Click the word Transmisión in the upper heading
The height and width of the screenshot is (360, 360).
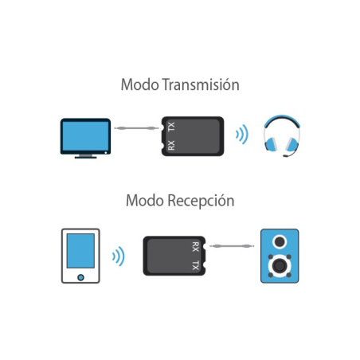tap(201, 84)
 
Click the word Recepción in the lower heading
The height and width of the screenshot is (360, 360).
tap(201, 201)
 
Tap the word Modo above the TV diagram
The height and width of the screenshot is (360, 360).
tap(139, 84)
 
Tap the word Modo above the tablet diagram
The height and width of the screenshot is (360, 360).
tap(145, 201)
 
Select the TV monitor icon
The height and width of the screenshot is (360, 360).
tap(85, 138)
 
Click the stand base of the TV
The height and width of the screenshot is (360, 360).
tap(85, 157)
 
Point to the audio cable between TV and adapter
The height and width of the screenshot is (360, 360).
tap(136, 128)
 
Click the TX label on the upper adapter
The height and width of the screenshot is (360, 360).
tap(171, 127)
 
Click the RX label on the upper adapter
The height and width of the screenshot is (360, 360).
tap(171, 145)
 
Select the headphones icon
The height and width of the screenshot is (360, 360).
tap(282, 135)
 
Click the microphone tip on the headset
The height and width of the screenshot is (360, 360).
tap(285, 156)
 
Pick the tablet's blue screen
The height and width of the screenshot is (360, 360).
tap(80, 251)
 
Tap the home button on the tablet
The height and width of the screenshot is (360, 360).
tap(80, 277)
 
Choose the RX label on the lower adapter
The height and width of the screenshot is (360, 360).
tap(195, 247)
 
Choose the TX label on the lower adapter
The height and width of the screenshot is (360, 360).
tap(195, 265)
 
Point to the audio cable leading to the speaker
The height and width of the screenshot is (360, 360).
tap(232, 246)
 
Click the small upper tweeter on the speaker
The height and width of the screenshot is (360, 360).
tap(280, 241)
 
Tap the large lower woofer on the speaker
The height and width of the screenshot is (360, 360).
tap(280, 266)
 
